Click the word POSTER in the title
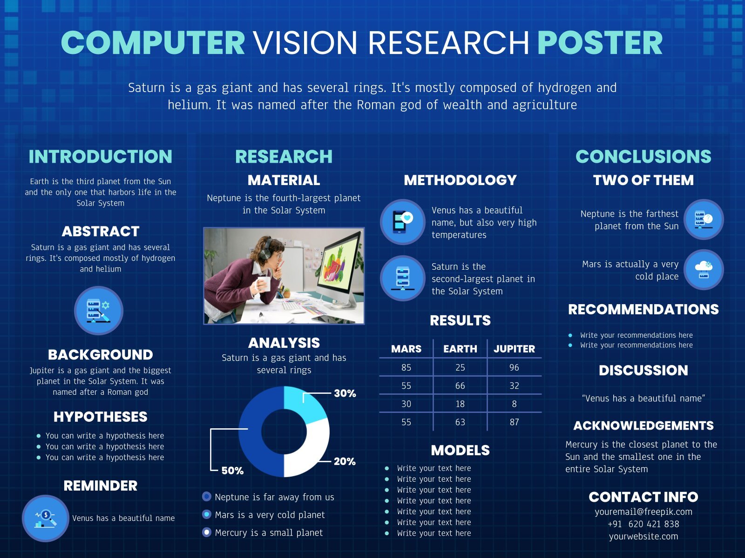point(600,43)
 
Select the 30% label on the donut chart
point(345,393)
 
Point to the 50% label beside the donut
point(232,471)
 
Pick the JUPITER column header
point(514,349)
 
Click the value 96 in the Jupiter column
point(514,367)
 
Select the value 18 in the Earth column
point(460,404)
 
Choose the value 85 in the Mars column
point(406,367)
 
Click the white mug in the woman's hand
point(263,283)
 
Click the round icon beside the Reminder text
point(46,518)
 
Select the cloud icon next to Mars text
point(704,269)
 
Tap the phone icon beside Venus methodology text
point(402,222)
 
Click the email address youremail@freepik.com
point(643,511)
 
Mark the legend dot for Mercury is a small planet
point(207,532)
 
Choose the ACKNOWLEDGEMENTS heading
point(643,425)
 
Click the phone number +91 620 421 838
point(643,524)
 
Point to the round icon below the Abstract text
point(99,311)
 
